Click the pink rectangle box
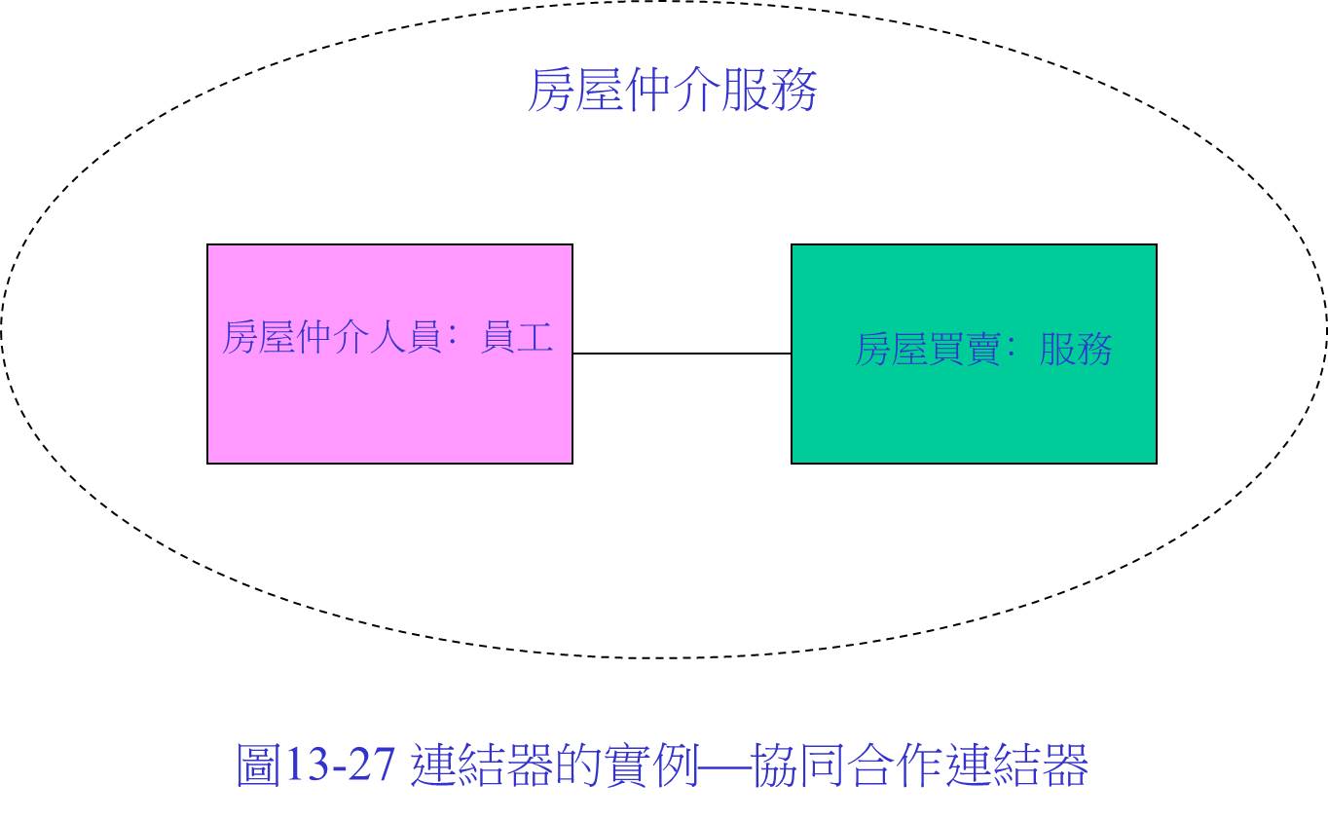click(389, 354)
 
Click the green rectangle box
click(974, 354)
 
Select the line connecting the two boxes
click(682, 354)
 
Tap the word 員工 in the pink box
click(517, 337)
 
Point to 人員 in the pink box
click(405, 337)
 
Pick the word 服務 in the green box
click(1076, 349)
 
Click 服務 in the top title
click(769, 91)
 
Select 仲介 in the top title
click(673, 91)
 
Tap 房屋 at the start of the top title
click(575, 91)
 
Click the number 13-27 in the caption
click(341, 765)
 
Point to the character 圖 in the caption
click(258, 765)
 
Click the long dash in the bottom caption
click(725, 766)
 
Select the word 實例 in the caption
click(654, 765)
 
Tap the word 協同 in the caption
click(798, 765)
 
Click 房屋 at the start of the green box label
click(891, 349)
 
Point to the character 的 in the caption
click(583, 765)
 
